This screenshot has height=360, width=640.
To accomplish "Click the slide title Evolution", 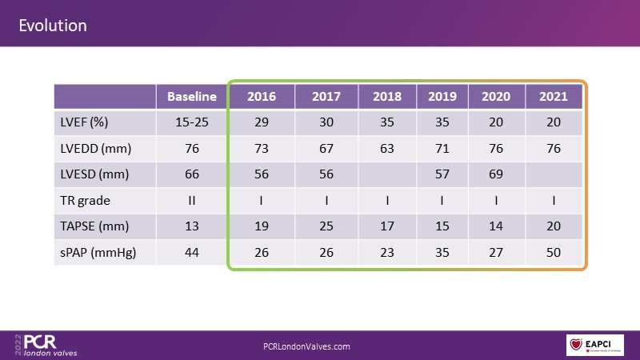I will click(53, 26).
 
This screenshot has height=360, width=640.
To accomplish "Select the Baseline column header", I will click(192, 97).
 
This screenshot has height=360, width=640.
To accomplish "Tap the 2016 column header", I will click(262, 97).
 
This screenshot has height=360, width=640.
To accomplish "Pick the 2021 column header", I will click(554, 97).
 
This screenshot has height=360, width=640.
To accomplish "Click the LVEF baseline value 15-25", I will click(192, 122).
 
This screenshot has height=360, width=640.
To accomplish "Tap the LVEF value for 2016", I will click(262, 122).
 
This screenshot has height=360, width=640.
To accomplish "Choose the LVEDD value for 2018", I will click(387, 149).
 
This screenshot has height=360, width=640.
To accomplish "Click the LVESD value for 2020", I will click(497, 175).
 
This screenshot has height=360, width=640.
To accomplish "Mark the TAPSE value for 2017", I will click(326, 227).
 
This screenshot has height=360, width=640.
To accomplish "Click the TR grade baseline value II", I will click(192, 201).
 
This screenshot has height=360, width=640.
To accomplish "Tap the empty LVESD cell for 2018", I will click(387, 175).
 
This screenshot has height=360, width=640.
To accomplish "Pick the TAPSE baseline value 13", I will click(192, 227).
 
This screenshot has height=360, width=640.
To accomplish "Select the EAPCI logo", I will click(595, 346).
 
